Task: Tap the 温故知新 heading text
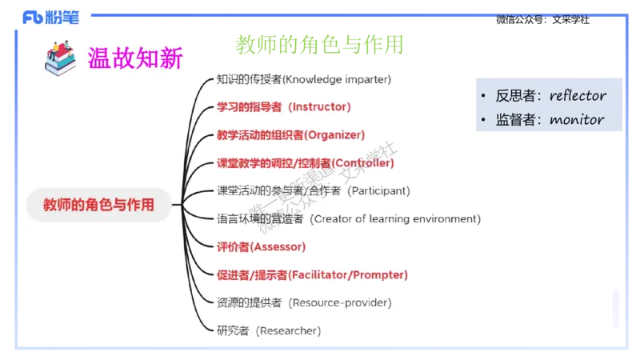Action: [x=134, y=58]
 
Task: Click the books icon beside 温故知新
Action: [x=60, y=57]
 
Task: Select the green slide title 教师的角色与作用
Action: [x=318, y=43]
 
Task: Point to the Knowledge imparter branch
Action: [x=304, y=79]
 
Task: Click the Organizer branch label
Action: [x=290, y=134]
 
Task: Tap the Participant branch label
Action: [x=314, y=190]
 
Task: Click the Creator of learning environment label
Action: [x=349, y=218]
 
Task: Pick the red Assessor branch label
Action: [x=261, y=246]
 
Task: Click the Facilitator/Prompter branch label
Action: [x=312, y=274]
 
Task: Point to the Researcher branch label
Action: [x=269, y=330]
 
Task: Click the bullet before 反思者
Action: [x=484, y=97]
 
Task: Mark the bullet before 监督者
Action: [x=484, y=121]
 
